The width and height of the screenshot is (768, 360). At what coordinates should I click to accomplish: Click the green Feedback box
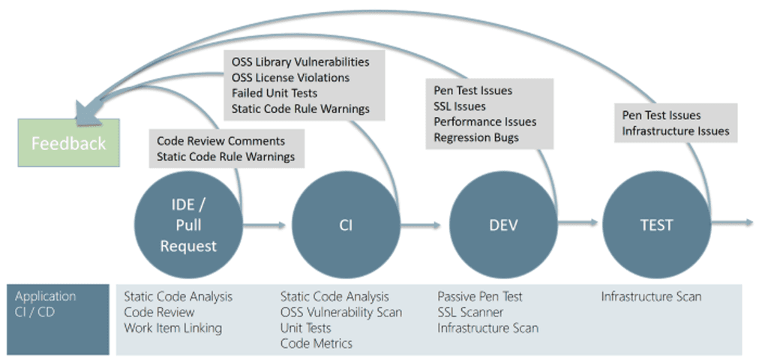[68, 142]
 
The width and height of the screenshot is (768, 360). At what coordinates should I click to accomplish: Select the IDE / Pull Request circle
[188, 225]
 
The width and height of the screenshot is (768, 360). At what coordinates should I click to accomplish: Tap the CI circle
[346, 225]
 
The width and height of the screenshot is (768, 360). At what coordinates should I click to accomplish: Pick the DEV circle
[503, 225]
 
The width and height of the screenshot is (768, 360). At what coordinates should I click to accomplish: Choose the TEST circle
[656, 225]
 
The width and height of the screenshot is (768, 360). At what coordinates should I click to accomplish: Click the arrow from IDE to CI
[264, 225]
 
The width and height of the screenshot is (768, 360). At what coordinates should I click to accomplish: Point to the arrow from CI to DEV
[421, 225]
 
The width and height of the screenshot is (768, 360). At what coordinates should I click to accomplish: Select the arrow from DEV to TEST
[578, 223]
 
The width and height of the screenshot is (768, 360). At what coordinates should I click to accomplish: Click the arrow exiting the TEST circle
[732, 223]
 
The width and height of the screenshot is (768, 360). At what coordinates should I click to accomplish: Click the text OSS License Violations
[291, 77]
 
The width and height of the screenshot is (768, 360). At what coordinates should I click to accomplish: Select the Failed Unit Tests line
[274, 93]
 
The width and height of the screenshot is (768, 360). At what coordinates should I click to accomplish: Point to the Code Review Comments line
[221, 141]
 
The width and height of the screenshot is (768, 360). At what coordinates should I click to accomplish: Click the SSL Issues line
[460, 106]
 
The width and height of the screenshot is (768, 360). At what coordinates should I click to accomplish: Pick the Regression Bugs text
[476, 138]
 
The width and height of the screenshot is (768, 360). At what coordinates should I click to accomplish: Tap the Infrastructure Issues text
[676, 131]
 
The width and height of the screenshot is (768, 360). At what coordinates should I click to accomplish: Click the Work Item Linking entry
[173, 328]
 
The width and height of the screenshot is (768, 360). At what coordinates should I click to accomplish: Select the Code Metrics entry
[316, 343]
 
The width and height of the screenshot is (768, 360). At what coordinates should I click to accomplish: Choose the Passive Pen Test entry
[480, 296]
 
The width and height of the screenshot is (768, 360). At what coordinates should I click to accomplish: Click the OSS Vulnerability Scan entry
[341, 312]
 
